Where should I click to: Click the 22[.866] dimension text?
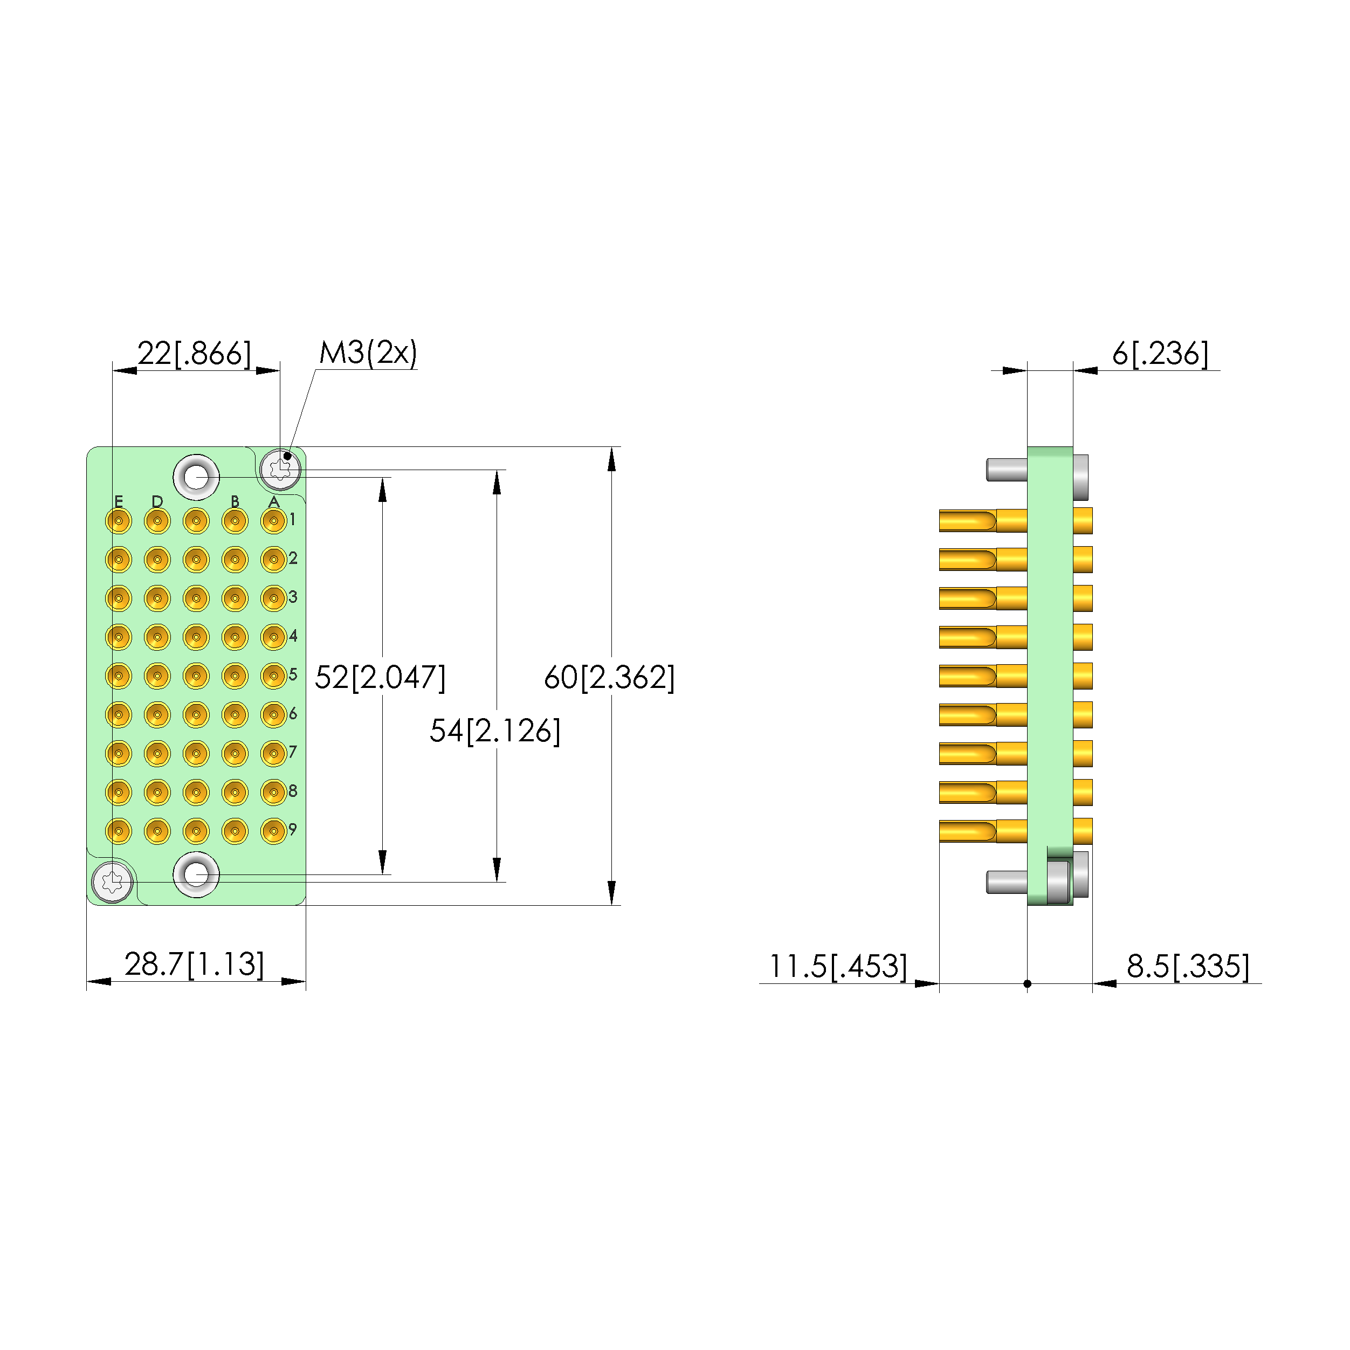(194, 354)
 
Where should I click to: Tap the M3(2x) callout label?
(368, 353)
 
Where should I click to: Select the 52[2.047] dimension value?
(380, 677)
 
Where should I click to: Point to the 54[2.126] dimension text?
(495, 731)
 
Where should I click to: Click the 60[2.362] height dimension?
(609, 677)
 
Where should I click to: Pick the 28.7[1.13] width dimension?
(194, 965)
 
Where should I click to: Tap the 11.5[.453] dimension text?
(838, 966)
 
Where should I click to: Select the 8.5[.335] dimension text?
(1188, 966)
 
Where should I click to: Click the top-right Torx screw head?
(280, 470)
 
